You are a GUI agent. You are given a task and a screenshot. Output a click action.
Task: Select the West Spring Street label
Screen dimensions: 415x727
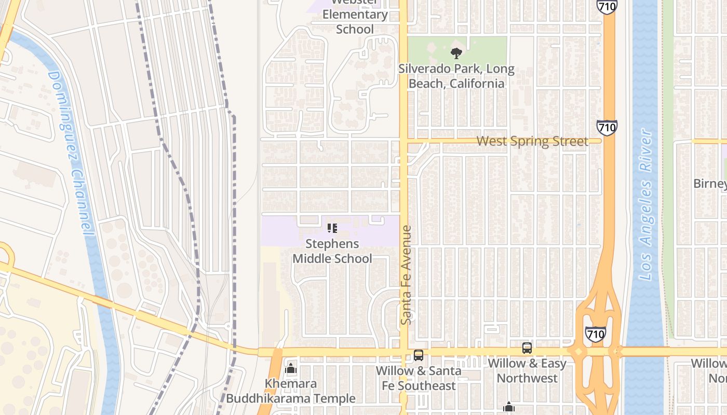[x=532, y=141]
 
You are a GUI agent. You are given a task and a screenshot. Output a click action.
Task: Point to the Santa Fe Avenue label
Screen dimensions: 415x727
[x=407, y=275]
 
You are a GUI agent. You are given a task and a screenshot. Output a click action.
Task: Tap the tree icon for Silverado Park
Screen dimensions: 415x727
[x=456, y=52]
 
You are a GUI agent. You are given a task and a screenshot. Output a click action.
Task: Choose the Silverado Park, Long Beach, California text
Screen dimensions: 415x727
[x=456, y=76]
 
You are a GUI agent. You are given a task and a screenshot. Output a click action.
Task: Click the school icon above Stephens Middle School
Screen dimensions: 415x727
[x=332, y=228]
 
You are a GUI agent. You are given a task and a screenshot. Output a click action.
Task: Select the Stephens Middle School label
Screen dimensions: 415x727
[x=332, y=251]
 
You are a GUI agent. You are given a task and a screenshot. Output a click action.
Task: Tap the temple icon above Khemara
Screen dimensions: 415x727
[x=291, y=369]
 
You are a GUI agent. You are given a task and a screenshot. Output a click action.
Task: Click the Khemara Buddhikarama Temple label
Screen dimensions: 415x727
[x=291, y=391]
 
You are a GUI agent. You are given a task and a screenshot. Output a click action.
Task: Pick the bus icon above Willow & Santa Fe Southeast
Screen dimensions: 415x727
[x=419, y=355]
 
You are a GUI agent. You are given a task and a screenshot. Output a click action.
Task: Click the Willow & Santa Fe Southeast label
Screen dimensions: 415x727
[x=419, y=378]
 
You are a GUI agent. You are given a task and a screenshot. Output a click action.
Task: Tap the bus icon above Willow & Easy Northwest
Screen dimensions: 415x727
[x=527, y=348]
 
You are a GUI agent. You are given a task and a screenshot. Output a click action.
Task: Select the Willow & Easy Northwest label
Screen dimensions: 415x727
[x=527, y=370]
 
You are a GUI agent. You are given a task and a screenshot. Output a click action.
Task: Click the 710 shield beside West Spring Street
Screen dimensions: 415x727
[x=607, y=127]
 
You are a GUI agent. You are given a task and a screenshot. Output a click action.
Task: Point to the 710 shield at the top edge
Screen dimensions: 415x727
[x=607, y=6]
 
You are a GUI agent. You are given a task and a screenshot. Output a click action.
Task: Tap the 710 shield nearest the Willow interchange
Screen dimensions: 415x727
[x=595, y=334]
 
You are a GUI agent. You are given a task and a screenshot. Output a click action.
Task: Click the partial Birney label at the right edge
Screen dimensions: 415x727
[x=710, y=184]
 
